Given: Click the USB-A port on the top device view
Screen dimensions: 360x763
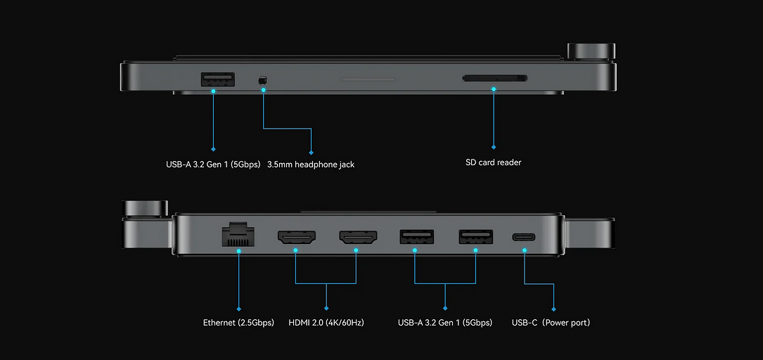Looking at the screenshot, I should tap(217, 79).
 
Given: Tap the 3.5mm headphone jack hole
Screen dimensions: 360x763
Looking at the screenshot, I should tap(264, 81).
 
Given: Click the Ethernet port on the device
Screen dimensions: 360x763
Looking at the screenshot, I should tap(239, 234).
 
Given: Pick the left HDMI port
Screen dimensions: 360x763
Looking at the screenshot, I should tap(297, 238).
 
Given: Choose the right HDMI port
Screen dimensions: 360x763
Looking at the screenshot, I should tap(357, 238).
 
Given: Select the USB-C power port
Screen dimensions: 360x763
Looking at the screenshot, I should tap(524, 237).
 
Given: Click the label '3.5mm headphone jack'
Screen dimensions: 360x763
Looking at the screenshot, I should tap(311, 165).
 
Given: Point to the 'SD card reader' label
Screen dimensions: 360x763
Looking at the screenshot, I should tap(494, 162).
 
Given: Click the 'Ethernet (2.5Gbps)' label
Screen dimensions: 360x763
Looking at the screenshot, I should tap(238, 323).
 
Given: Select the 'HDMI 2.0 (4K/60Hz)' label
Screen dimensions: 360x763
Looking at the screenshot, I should tap(326, 323).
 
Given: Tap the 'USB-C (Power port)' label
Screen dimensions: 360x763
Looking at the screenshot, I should tap(551, 323).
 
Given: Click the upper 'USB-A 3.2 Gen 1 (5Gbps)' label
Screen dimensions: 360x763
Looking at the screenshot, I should tap(213, 165).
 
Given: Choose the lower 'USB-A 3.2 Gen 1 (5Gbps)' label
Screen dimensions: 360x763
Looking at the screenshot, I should tap(445, 323).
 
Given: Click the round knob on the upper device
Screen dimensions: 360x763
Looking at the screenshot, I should tap(591, 51).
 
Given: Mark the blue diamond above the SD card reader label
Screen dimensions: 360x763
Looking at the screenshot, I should tap(494, 148).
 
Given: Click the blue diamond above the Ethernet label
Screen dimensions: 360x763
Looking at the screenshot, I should tap(239, 308).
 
